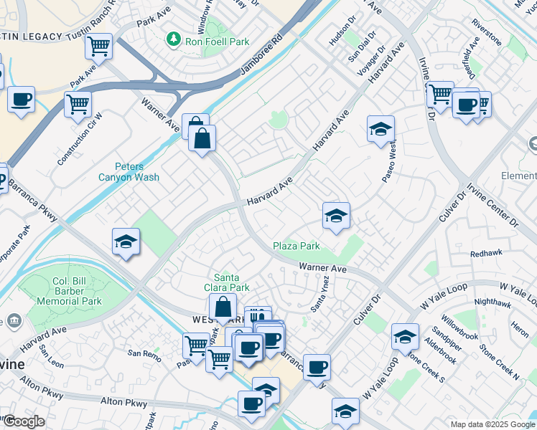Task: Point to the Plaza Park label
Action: tap(296, 246)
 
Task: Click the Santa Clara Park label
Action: tap(232, 282)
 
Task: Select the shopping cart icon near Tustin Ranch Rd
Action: tap(98, 47)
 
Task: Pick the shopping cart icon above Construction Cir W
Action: tap(78, 104)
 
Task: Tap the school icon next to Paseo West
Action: tap(380, 130)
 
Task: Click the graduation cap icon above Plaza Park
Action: tap(335, 216)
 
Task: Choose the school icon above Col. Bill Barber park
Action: tap(126, 242)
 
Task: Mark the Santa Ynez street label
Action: tap(318, 294)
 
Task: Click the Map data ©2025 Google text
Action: tap(492, 424)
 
